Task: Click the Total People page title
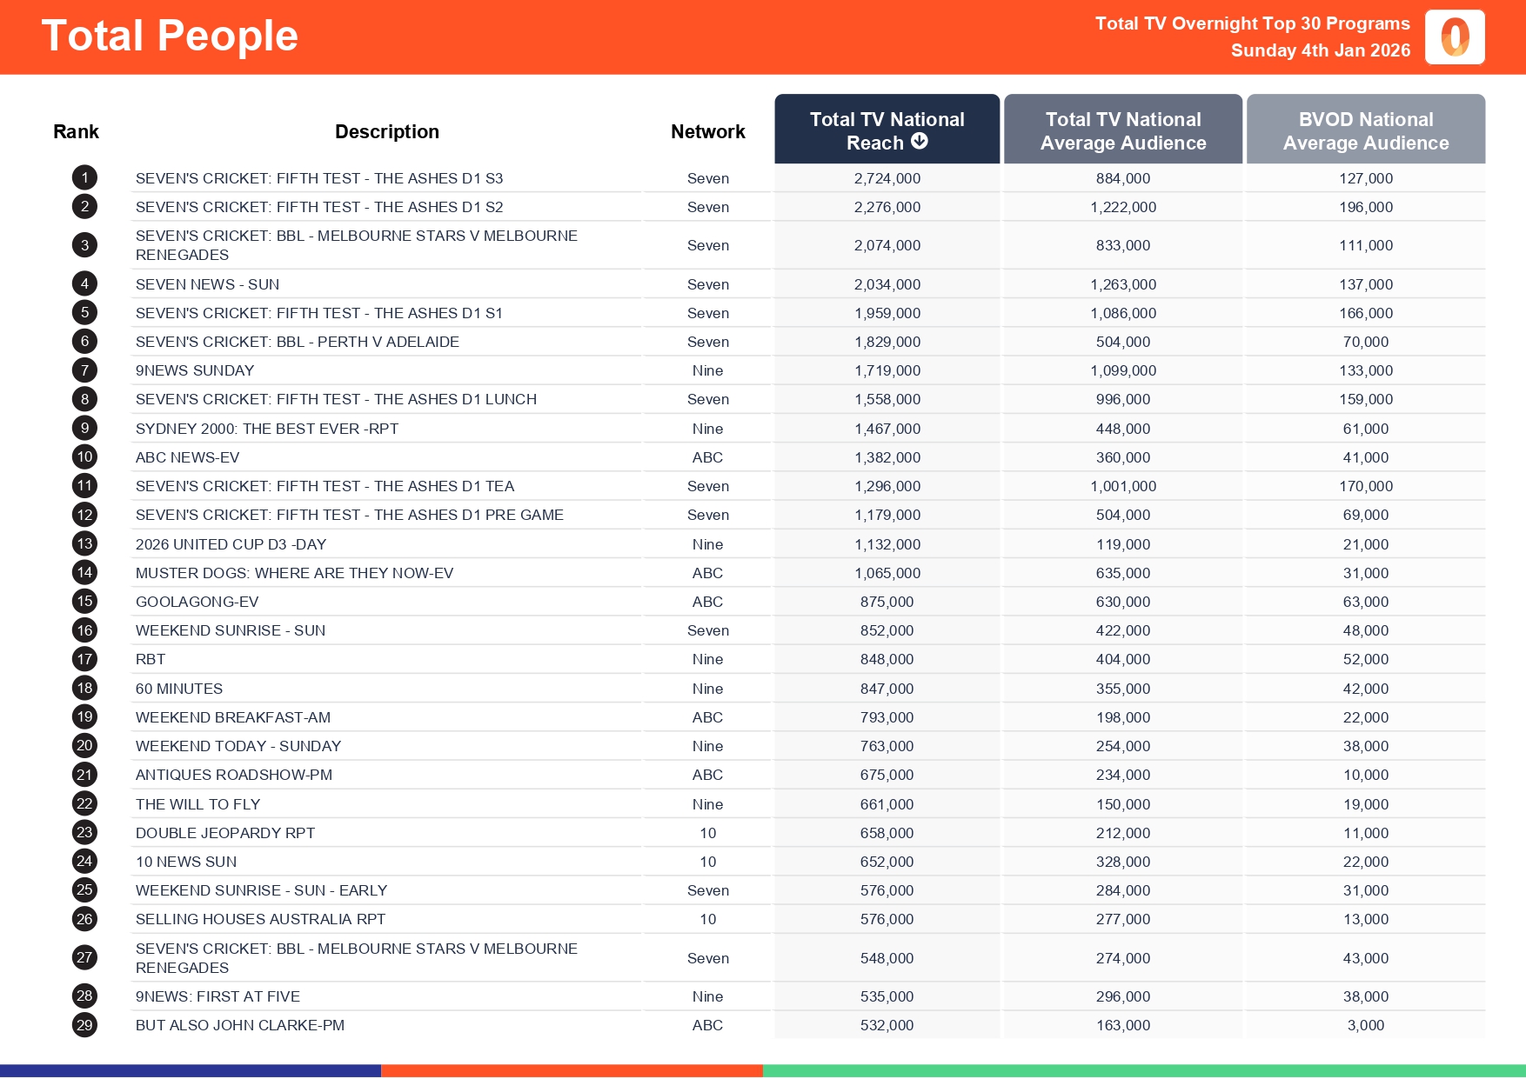point(170,37)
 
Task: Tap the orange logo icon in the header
point(1455,37)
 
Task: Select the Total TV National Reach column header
point(887,130)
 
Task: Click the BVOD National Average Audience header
point(1365,130)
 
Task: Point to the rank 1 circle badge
point(84,178)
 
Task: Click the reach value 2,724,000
point(887,178)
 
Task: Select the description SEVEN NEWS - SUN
point(207,284)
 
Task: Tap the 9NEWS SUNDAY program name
point(195,370)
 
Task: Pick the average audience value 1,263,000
point(1122,284)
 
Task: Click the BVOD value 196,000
point(1365,207)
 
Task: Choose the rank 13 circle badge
point(84,544)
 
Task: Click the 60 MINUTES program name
point(179,689)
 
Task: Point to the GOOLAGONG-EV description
point(197,602)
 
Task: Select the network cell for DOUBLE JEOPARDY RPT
point(707,833)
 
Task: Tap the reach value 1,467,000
point(887,429)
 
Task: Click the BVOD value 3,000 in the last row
point(1365,1025)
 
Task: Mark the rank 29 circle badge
point(84,1025)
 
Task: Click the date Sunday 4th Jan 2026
point(1320,50)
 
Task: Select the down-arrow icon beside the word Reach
point(920,141)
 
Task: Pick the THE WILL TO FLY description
point(197,804)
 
